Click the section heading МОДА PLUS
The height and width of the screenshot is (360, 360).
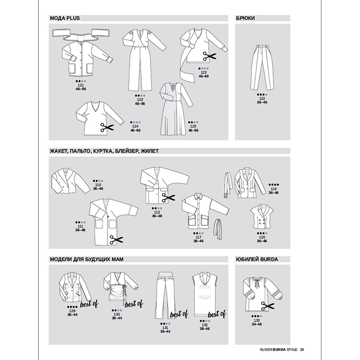coord(65,18)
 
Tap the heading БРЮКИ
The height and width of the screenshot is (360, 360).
coord(245,18)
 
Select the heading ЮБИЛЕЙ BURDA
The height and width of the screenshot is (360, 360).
coord(257,259)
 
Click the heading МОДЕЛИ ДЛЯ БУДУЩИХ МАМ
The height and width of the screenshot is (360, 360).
coord(86,259)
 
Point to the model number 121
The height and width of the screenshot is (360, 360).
coord(81,85)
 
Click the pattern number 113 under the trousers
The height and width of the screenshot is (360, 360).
coord(262,99)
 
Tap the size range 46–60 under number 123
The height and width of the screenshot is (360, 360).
coord(204,76)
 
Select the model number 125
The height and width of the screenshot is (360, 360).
coord(193,127)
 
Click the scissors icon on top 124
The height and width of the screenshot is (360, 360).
coord(107,128)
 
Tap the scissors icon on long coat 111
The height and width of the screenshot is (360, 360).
coord(116,240)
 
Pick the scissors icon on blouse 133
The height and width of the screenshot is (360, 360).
coord(268,306)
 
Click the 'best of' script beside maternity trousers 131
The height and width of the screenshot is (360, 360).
coord(179,314)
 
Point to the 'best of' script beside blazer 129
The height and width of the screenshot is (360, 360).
coord(89,304)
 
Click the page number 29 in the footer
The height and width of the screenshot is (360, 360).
coord(302,350)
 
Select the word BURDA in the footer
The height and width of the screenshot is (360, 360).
coord(279,350)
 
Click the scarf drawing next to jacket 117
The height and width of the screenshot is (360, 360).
coord(218,229)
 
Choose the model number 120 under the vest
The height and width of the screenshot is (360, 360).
coord(262,238)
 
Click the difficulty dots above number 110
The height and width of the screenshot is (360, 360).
coord(98,181)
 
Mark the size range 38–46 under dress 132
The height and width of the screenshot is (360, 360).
coord(205,329)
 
